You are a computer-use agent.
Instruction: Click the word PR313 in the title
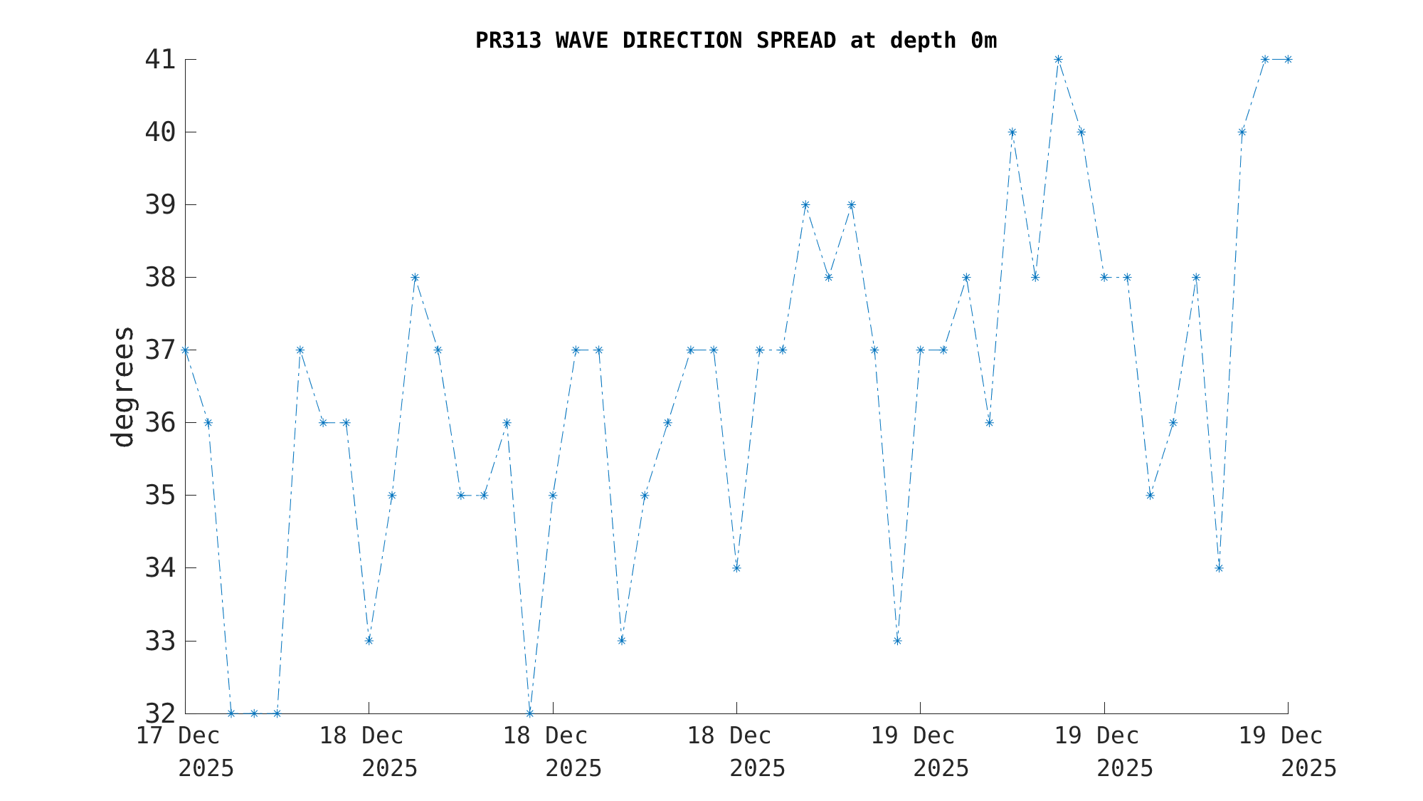click(x=508, y=41)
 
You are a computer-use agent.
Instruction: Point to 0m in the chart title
click(x=983, y=41)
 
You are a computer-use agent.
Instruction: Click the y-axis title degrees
click(x=123, y=387)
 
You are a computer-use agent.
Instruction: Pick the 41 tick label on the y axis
click(x=160, y=60)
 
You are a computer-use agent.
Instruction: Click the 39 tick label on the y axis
click(x=160, y=205)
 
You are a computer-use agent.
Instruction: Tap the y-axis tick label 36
click(x=160, y=423)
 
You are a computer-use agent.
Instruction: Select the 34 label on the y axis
click(x=160, y=568)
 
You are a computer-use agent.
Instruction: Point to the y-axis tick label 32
click(x=160, y=713)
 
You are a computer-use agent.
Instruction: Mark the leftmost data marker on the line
click(x=185, y=350)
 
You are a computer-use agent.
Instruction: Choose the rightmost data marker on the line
click(x=1288, y=59)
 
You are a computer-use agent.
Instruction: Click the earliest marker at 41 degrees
click(x=1058, y=59)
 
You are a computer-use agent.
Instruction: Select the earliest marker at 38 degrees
click(x=415, y=278)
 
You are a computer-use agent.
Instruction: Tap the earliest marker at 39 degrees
click(x=805, y=205)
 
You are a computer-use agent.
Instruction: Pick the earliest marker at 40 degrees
click(x=1012, y=132)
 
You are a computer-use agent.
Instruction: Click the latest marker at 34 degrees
click(x=1219, y=568)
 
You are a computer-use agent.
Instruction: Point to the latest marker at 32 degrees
click(x=529, y=713)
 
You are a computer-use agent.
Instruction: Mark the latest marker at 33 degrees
click(x=897, y=641)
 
